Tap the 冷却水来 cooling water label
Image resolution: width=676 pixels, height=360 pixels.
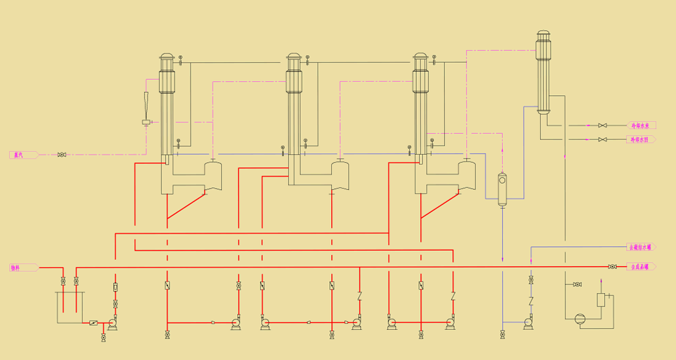pyautogui.click(x=640, y=125)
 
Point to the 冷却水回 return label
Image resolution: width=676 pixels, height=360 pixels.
pyautogui.click(x=640, y=139)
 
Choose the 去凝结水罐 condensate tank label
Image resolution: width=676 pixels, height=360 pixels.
pyautogui.click(x=640, y=247)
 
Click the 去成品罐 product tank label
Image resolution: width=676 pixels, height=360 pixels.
pyautogui.click(x=640, y=267)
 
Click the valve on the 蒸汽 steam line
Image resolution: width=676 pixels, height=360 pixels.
pyautogui.click(x=61, y=155)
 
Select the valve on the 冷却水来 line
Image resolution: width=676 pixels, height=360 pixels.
pyautogui.click(x=602, y=125)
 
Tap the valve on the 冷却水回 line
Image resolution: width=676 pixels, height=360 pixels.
pyautogui.click(x=602, y=139)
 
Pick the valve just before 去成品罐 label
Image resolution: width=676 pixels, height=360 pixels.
pyautogui.click(x=612, y=267)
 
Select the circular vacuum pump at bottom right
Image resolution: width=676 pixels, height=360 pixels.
pyautogui.click(x=580, y=318)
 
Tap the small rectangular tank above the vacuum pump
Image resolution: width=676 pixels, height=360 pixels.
pyautogui.click(x=601, y=300)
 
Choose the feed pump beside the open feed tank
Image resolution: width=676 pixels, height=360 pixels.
pyautogui.click(x=113, y=323)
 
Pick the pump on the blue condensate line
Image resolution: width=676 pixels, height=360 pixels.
pyautogui.click(x=528, y=322)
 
